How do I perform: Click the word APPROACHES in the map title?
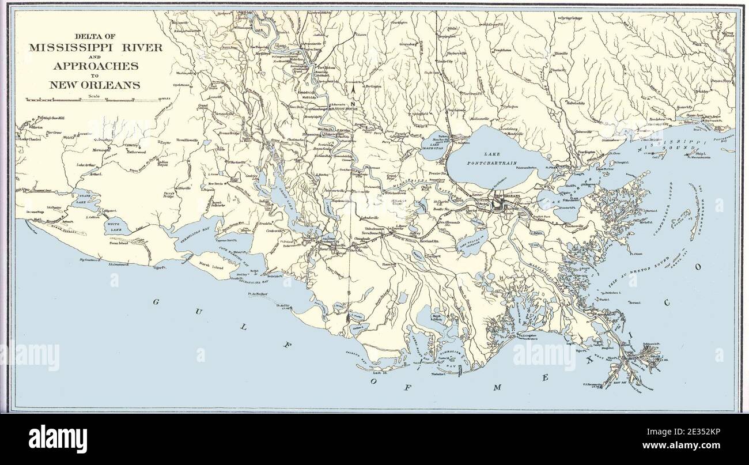pos(95,66)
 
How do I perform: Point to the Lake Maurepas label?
pos(437,148)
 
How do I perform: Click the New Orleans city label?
pos(508,196)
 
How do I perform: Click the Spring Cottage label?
pos(571,18)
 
